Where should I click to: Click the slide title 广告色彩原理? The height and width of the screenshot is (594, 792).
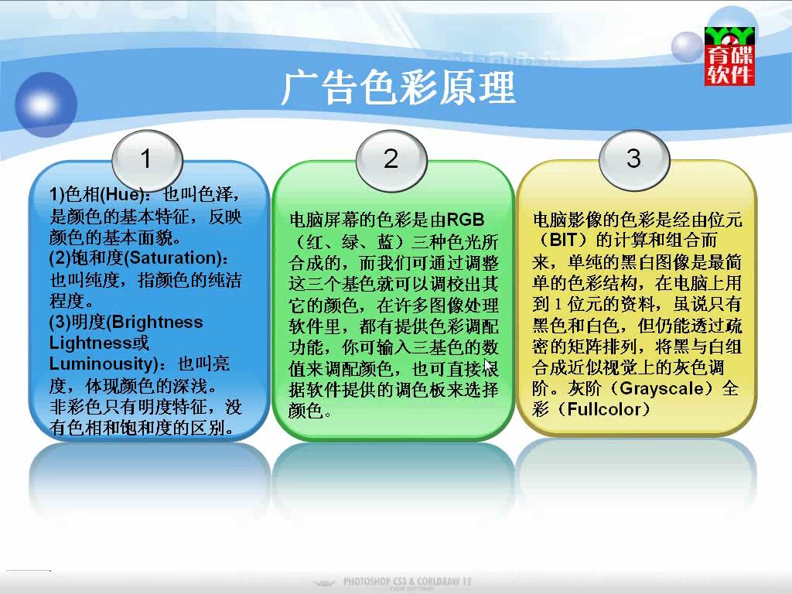pyautogui.click(x=398, y=88)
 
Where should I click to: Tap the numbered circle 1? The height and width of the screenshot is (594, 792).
pyautogui.click(x=147, y=159)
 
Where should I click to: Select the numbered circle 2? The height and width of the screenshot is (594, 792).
pyautogui.click(x=391, y=159)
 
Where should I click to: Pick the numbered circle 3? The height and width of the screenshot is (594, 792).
pyautogui.click(x=634, y=159)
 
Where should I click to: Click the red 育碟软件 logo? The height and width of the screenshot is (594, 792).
pyautogui.click(x=729, y=56)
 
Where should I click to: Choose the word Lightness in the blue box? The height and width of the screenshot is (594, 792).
pyautogui.click(x=90, y=343)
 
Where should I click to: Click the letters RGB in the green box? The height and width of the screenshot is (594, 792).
pyautogui.click(x=466, y=220)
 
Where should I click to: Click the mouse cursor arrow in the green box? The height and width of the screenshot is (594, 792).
pyautogui.click(x=489, y=366)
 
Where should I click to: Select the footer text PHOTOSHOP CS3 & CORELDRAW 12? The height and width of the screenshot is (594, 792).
pyautogui.click(x=407, y=582)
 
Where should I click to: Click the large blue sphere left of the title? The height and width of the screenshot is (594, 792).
pyautogui.click(x=46, y=104)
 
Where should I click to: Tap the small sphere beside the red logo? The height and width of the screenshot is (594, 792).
pyautogui.click(x=687, y=47)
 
